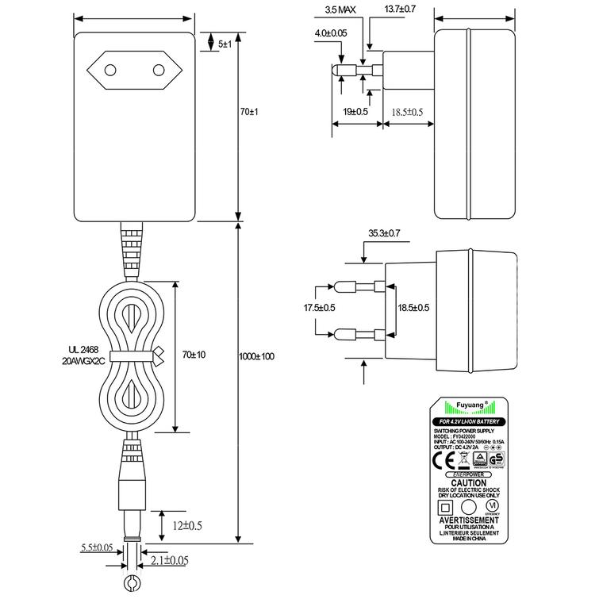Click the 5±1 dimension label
click(x=225, y=44)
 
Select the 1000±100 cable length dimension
click(x=257, y=356)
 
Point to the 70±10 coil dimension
click(x=194, y=354)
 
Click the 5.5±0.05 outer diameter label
click(x=96, y=547)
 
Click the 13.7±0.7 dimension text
click(x=401, y=10)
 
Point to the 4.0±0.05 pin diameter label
click(x=331, y=33)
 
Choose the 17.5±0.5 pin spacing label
click(x=320, y=307)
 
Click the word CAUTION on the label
click(x=468, y=482)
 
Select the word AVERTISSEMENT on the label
click(x=468, y=520)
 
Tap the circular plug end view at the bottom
click(x=131, y=585)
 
